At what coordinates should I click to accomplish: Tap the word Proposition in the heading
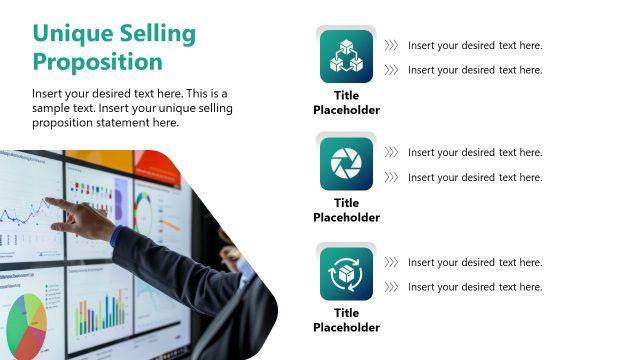(97, 62)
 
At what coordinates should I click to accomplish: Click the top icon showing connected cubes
(346, 56)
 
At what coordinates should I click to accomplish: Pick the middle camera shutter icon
(346, 163)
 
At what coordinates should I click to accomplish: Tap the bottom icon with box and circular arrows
(346, 273)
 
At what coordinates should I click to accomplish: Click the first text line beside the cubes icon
(475, 45)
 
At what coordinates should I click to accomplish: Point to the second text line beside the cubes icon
(475, 70)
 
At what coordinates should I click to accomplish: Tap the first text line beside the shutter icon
(475, 153)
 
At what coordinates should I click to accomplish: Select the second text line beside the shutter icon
(475, 177)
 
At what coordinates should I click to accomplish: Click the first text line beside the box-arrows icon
(475, 262)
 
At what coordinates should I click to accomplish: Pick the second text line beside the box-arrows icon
(475, 287)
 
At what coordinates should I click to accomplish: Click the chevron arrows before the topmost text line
(391, 45)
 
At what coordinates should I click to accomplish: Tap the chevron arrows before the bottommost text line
(391, 287)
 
